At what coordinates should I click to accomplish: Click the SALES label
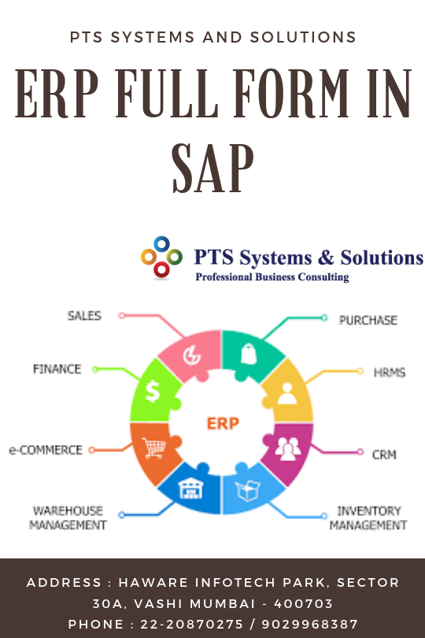tap(84, 316)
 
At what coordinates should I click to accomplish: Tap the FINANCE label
tap(57, 369)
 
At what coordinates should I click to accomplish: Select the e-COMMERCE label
tap(46, 450)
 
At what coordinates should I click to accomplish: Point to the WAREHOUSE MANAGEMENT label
tap(68, 518)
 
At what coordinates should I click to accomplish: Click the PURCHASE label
tap(368, 321)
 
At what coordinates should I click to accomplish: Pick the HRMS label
tap(390, 373)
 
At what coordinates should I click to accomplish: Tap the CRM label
tap(384, 454)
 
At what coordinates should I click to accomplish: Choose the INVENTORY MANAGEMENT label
tap(368, 518)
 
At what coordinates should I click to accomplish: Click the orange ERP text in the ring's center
tap(223, 424)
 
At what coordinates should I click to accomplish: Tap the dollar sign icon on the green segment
tap(153, 391)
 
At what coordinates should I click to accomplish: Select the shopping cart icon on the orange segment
tap(154, 447)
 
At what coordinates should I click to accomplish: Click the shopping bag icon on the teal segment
tap(248, 354)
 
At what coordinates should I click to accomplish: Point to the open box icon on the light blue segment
tap(247, 490)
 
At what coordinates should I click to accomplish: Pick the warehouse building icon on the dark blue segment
tap(190, 488)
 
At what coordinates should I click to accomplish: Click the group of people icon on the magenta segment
tap(287, 449)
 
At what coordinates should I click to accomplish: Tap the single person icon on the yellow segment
tap(287, 394)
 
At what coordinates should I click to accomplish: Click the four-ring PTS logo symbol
tap(161, 257)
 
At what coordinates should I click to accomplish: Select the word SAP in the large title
tap(213, 169)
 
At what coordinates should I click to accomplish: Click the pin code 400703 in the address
tap(303, 603)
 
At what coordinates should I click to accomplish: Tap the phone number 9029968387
tap(309, 624)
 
